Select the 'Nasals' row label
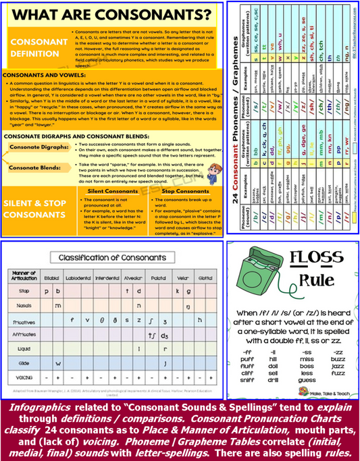click(23, 306)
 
